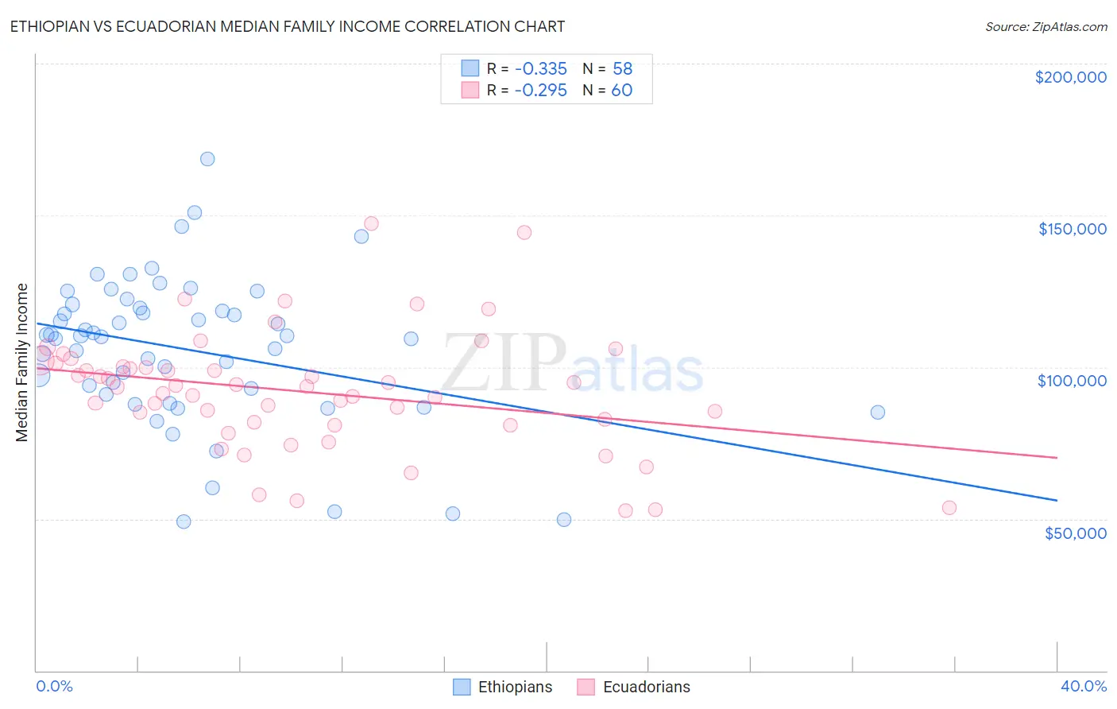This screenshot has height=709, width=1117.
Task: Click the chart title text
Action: point(287,26)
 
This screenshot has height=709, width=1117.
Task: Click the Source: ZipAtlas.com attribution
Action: point(1045,26)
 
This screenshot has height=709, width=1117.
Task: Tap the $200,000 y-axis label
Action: point(1070,77)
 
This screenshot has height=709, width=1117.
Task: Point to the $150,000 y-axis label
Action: point(1072,229)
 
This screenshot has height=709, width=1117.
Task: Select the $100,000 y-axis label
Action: point(1072,381)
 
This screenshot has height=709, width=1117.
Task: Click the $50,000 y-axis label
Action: point(1075,533)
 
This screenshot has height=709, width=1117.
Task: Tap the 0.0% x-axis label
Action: point(54,686)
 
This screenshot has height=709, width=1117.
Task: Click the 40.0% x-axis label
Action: point(1083,686)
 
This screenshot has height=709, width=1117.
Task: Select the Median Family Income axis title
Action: point(21,362)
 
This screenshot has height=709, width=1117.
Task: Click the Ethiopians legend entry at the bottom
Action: point(503,687)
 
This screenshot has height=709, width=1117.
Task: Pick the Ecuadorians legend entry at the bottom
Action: point(634,687)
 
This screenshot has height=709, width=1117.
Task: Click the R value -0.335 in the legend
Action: point(540,69)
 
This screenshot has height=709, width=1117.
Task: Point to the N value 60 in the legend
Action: point(621,91)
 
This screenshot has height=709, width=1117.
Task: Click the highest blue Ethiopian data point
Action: point(207,159)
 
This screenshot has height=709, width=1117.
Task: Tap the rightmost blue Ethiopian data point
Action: point(877,413)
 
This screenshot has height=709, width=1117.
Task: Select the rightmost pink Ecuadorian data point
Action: point(949,508)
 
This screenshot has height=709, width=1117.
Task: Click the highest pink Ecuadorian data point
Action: point(371,223)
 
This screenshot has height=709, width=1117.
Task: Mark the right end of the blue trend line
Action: point(1057,500)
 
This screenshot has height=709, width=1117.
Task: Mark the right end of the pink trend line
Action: point(1057,458)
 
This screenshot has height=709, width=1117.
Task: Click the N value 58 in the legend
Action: point(622,69)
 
